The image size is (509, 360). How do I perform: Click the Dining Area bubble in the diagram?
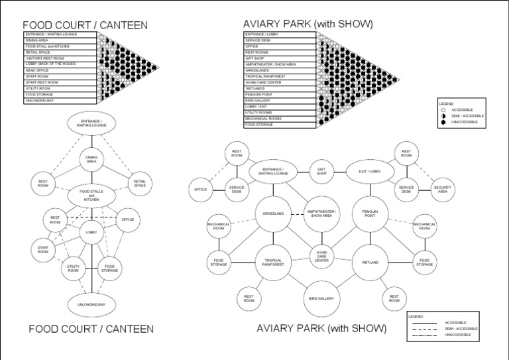(x=92, y=159)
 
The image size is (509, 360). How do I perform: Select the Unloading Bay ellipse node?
(x=92, y=304)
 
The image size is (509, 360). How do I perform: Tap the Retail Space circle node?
(x=139, y=183)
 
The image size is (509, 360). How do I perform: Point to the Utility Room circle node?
(x=74, y=269)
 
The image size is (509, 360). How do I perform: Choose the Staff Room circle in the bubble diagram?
(x=43, y=249)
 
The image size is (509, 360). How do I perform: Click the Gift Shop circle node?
(x=321, y=171)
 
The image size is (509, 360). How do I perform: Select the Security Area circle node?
(x=443, y=189)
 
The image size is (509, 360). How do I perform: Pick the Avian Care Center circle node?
(x=321, y=257)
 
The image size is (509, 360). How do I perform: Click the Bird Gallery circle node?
(x=321, y=299)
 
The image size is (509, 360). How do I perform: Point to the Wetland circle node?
(x=370, y=263)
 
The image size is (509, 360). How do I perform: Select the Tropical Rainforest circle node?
(x=273, y=263)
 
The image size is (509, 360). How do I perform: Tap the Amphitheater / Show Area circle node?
(x=321, y=213)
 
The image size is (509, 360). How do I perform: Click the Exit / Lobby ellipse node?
(x=370, y=171)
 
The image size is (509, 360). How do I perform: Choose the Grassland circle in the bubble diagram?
(x=273, y=213)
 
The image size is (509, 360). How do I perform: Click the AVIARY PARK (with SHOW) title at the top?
(x=308, y=24)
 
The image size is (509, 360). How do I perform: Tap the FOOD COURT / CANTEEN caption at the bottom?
(x=91, y=328)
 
